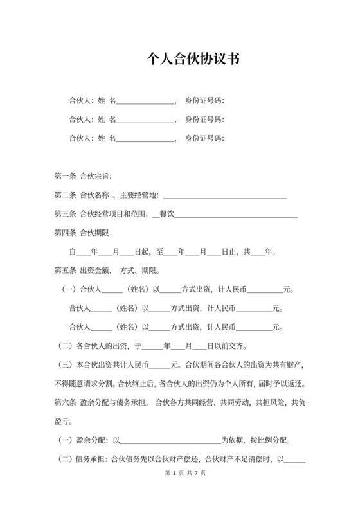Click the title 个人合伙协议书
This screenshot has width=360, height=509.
coord(193,60)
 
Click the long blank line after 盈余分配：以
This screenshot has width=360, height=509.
coord(171,442)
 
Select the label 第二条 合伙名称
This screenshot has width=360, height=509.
coord(82,195)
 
